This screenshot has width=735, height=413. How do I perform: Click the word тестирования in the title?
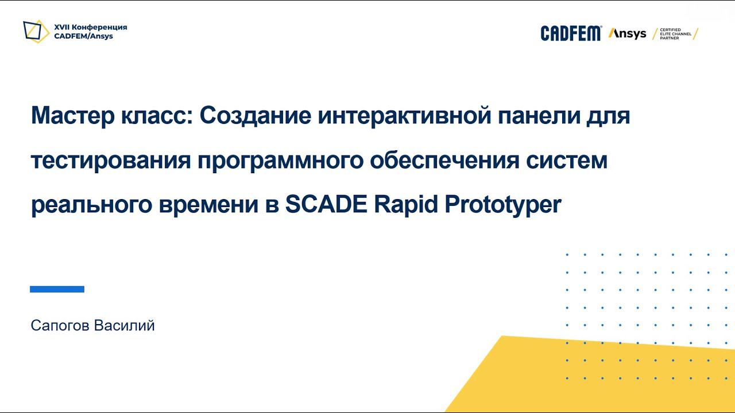(110, 161)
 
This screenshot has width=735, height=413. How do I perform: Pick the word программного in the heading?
(281, 161)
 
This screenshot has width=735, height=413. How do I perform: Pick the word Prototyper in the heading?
(503, 205)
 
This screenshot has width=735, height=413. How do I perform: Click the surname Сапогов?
(60, 326)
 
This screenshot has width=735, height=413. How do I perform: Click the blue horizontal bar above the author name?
(57, 289)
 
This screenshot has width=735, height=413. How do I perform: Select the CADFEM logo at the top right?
(571, 33)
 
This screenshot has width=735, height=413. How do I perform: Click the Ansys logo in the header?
(627, 33)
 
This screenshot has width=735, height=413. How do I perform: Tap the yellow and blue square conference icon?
(36, 32)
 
